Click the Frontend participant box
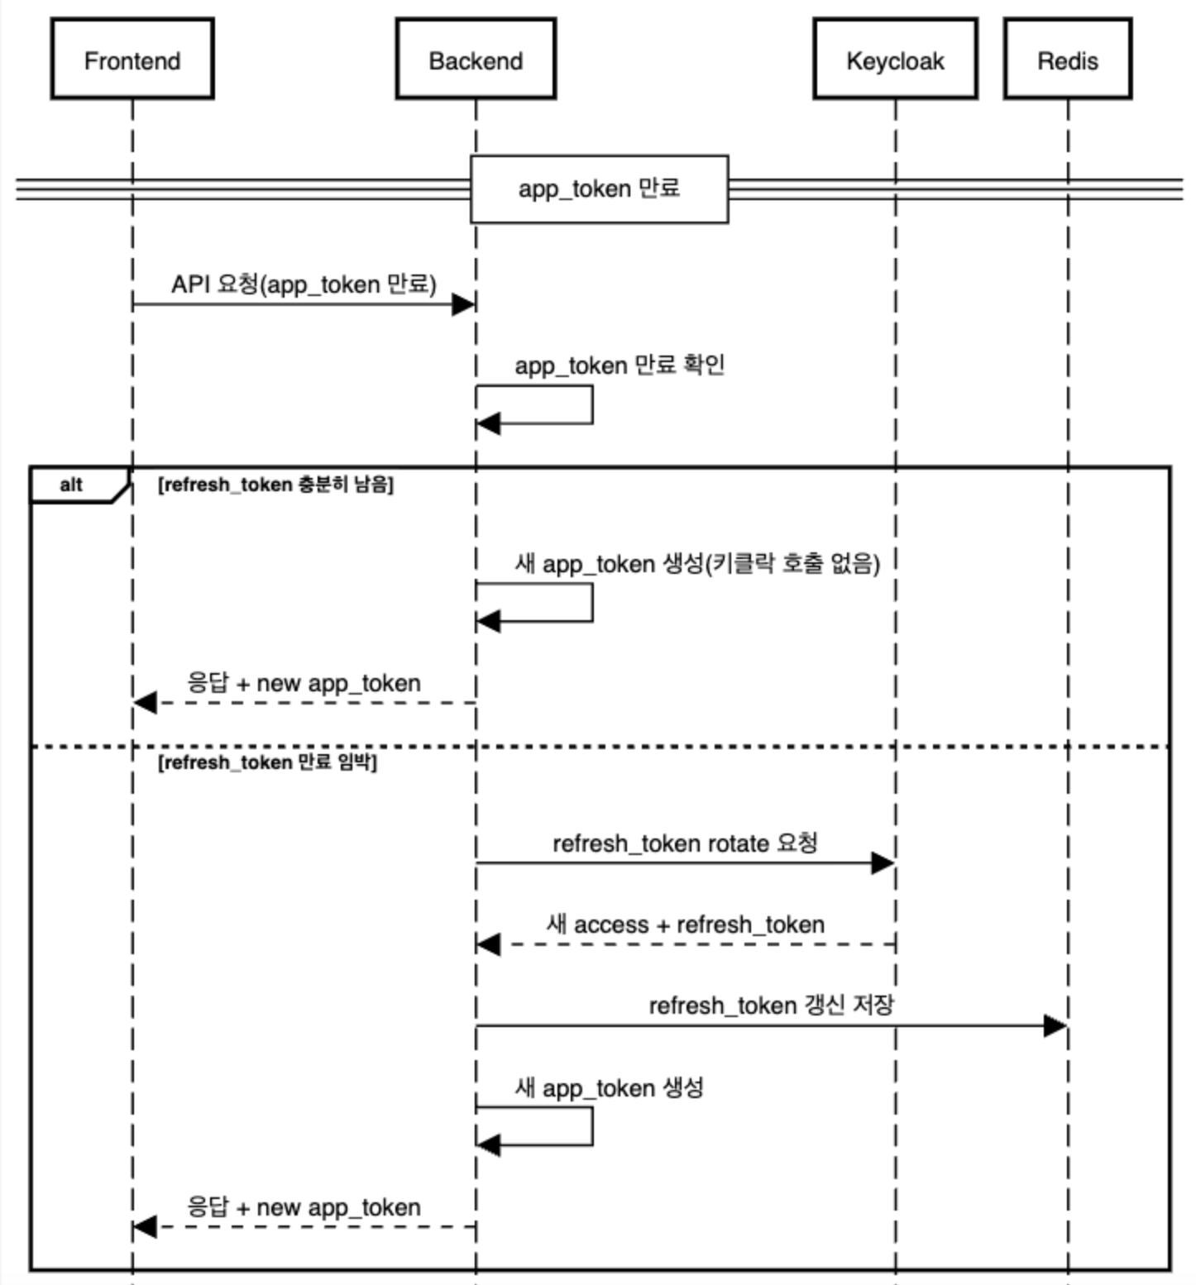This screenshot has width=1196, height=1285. point(132,60)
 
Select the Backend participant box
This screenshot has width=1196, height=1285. point(476,60)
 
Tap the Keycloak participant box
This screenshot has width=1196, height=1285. point(895,60)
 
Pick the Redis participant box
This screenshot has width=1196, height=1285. point(1068,60)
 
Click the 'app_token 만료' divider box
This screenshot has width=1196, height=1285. point(599,189)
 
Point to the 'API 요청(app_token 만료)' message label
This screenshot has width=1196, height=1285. point(304,284)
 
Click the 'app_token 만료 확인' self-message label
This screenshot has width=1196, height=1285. point(620,365)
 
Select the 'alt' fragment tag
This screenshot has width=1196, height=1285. point(72,485)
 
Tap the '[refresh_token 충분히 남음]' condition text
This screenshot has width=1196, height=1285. point(275,485)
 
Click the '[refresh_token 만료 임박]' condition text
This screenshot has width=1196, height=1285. point(267,762)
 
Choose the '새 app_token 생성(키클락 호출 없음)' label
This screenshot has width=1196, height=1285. point(696,563)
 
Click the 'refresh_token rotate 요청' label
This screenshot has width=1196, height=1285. point(685,843)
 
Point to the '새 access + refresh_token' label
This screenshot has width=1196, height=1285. point(685,924)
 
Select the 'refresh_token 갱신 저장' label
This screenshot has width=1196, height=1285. point(771,1006)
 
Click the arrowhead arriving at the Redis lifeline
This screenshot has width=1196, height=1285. point(1055,1026)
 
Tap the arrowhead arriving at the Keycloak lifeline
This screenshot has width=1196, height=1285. point(883,863)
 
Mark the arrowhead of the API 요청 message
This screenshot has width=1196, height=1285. point(463,304)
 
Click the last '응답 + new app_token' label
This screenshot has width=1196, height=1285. point(304,1207)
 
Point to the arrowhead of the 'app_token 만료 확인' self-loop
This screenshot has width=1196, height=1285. point(489,424)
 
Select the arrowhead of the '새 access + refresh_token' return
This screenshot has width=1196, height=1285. point(489,944)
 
